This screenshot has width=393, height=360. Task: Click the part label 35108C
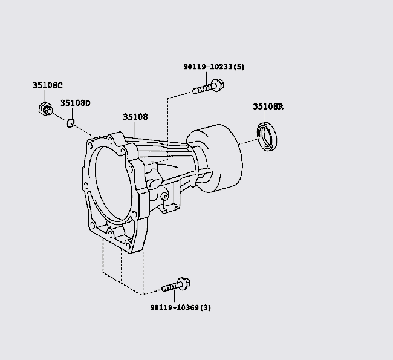click(47, 85)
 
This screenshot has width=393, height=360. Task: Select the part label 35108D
click(75, 103)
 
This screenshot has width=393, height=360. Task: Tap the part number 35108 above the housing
click(135, 117)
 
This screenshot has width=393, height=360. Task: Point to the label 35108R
click(268, 106)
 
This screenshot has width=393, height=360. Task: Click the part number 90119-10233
click(208, 67)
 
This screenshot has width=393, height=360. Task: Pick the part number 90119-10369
click(175, 307)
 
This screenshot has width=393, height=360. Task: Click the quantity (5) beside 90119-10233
click(239, 67)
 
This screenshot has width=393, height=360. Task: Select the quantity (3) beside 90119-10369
click(206, 307)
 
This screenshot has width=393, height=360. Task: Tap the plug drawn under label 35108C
click(45, 109)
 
